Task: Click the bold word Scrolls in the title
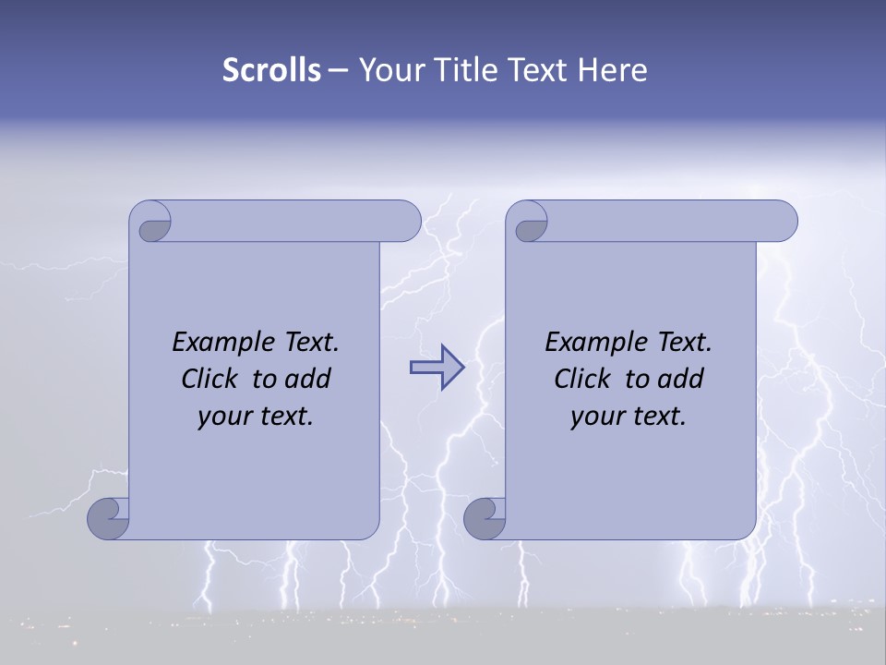(272, 70)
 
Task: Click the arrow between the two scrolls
(437, 368)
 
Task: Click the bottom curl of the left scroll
(108, 518)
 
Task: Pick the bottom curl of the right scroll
(485, 518)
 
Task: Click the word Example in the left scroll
(219, 343)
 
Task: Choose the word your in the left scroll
(223, 417)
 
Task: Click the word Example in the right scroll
(592, 343)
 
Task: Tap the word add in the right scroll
(681, 380)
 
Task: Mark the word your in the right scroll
(596, 417)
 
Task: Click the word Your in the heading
(385, 70)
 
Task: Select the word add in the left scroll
(308, 380)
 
